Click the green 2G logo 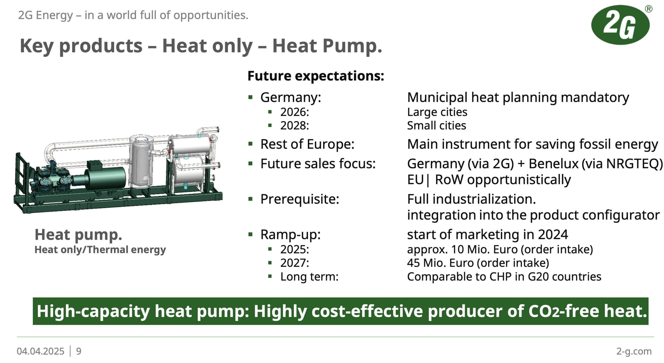(620, 25)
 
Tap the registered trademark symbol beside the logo (649, 9)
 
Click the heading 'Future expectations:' (316, 76)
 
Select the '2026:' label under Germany (294, 112)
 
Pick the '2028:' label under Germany (294, 125)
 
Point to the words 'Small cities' (436, 125)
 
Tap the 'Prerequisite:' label (300, 199)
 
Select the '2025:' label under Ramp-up (294, 249)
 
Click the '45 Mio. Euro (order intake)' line (478, 263)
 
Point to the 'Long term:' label (309, 277)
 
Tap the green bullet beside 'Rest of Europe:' (251, 144)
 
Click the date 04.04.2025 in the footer (40, 351)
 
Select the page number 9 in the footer (79, 351)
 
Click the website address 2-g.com (634, 351)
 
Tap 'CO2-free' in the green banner (564, 311)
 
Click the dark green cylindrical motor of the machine (105, 178)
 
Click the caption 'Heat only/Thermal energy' (100, 250)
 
